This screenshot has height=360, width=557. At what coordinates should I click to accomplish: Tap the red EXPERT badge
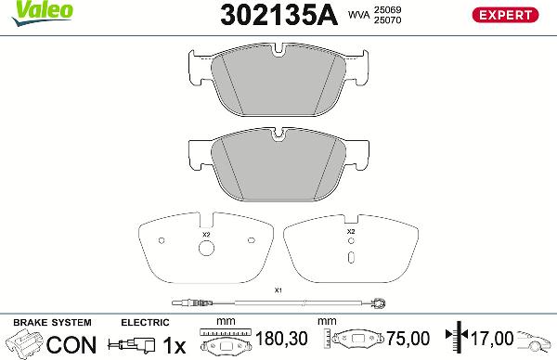506,16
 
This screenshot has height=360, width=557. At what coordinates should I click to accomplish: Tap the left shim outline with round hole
205,251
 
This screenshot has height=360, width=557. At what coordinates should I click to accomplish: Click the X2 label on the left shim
206,236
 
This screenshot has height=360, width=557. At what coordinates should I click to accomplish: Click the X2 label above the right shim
351,231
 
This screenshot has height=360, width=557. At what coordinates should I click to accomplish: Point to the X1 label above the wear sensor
278,290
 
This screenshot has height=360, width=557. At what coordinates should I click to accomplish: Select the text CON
71,344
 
